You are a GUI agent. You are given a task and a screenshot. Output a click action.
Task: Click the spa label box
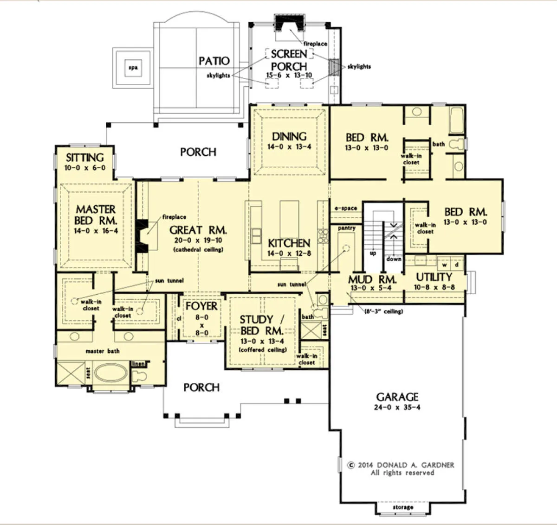pos(133,68)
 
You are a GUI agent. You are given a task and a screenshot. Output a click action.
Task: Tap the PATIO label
pos(214,61)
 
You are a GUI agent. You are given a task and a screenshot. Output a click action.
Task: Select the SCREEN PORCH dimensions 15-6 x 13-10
pos(289,75)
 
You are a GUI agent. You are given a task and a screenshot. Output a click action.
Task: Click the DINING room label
pos(289,137)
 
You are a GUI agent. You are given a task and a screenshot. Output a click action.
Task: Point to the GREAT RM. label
pos(198,230)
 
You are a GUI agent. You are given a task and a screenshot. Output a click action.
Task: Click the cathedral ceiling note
pos(198,249)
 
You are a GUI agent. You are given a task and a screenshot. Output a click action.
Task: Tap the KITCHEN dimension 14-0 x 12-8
pos(289,253)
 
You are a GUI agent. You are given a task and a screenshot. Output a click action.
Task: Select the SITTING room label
pos(84,158)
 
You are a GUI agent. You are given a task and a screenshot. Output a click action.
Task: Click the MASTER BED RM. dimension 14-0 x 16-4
pos(96,231)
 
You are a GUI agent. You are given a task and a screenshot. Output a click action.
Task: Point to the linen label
pos(138,364)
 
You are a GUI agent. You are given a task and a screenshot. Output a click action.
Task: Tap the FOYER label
pos(201,306)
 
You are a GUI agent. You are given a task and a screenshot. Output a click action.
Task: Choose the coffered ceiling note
pos(263,350)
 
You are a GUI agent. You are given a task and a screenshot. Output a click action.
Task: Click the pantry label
pos(347,228)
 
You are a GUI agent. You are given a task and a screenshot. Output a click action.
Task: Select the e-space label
pos(346,208)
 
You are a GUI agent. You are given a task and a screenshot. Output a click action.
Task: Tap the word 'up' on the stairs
pos(373,253)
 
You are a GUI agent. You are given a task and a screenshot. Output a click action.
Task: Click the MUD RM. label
pos(372,279)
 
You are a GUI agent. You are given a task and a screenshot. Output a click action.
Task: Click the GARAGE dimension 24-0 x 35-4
pos(397,407)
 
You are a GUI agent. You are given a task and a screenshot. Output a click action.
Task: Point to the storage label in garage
pos(403,507)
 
